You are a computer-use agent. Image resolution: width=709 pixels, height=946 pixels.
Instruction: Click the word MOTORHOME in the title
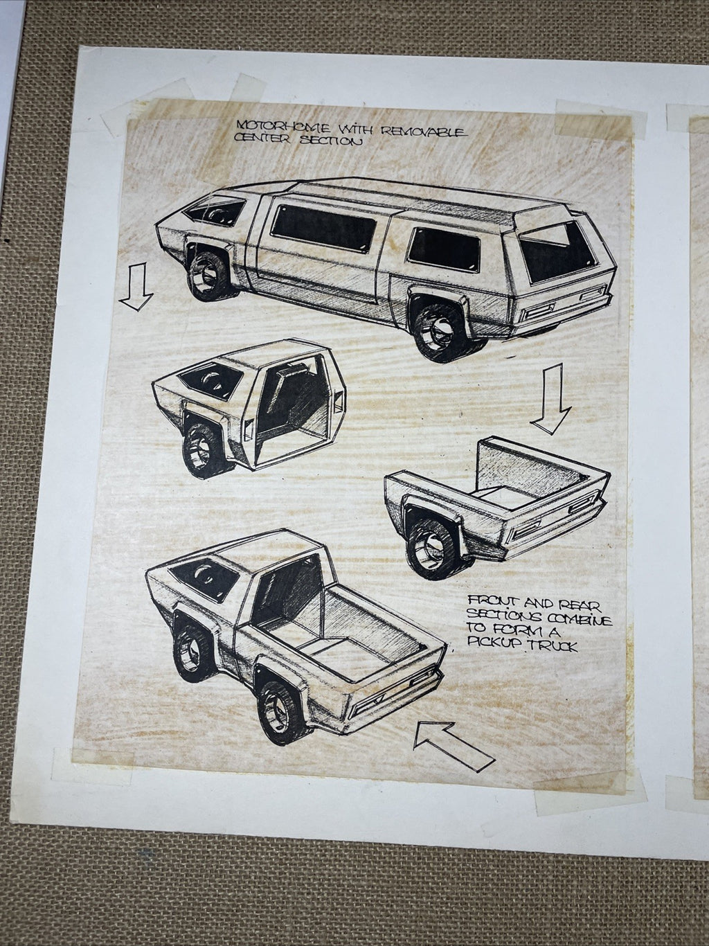click(283, 127)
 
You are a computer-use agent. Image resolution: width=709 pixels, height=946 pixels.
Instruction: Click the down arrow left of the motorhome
click(136, 287)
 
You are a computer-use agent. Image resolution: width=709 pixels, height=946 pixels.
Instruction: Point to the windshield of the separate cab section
click(210, 381)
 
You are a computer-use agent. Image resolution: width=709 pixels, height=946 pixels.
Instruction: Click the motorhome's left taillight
click(539, 311)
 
